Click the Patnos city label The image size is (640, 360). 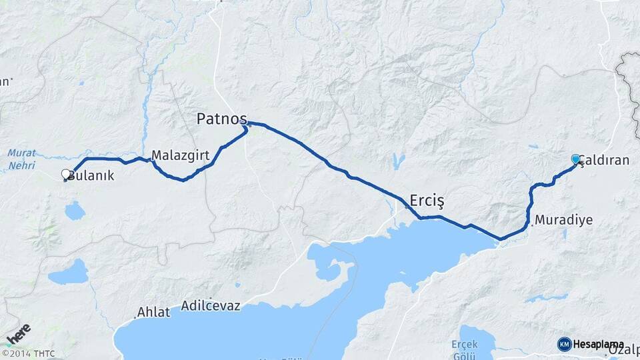click(x=221, y=119)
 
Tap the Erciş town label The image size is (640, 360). click(x=427, y=200)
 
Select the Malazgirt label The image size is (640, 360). click(x=181, y=155)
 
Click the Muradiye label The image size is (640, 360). click(x=564, y=220)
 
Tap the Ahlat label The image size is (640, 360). click(x=154, y=312)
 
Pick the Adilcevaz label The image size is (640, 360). click(x=211, y=307)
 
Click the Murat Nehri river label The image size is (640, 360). click(x=21, y=158)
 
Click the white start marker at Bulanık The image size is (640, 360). click(x=66, y=175)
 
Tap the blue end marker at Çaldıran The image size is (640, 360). click(x=575, y=159)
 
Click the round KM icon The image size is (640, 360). click(x=564, y=344)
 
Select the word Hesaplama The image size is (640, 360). click(x=595, y=344)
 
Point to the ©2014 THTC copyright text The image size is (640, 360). click(x=28, y=353)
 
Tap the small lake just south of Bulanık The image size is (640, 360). click(x=75, y=211)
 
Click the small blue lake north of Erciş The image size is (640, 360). click(x=399, y=161)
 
